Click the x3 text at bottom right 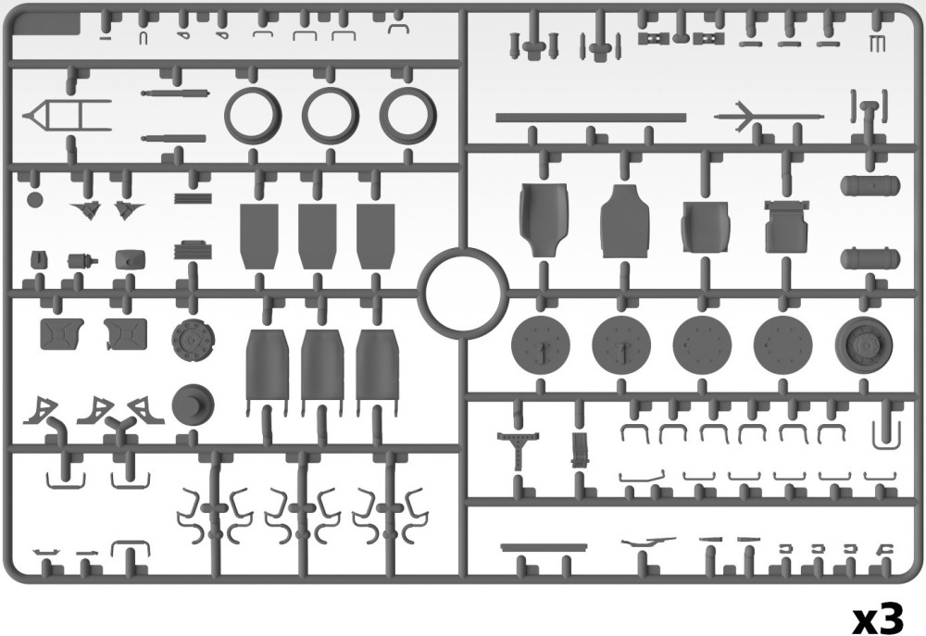pos(879,619)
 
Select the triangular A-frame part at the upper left pos(65,116)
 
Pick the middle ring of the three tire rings pos(331,90)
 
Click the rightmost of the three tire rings pos(408,90)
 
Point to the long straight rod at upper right pos(591,118)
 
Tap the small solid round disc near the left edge pos(35,200)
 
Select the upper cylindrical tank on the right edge pos(870,185)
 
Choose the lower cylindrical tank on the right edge pos(870,258)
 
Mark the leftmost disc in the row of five pos(541,345)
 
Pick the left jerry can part pos(61,333)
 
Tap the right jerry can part pos(125,333)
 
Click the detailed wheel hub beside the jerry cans pos(194,341)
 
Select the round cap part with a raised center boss pos(194,405)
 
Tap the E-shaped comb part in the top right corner pos(878,44)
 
